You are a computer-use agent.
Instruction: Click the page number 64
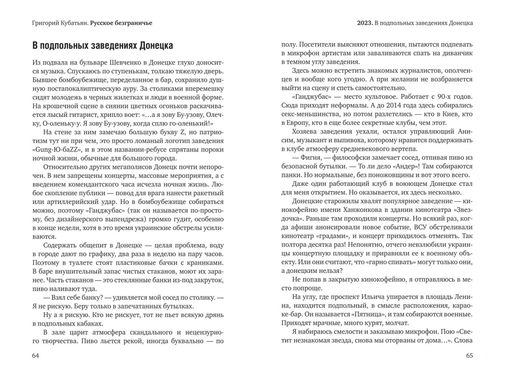[x=36, y=356]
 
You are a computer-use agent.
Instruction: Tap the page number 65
[x=469, y=356]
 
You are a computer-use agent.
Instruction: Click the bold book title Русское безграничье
[x=121, y=23]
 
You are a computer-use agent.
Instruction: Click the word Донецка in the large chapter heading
[x=156, y=46]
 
